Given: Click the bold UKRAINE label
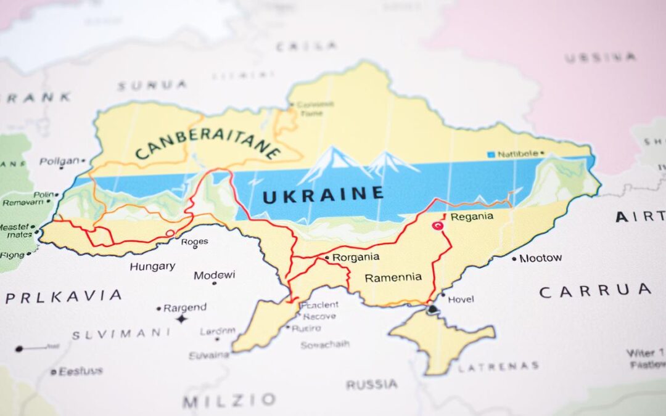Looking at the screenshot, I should pos(323,194).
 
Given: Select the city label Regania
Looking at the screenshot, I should pos(472,216).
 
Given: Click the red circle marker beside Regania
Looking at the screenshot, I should pos(439,226).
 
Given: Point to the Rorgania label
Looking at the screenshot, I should pos(355,257).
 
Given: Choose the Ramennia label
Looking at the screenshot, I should pos(393,277).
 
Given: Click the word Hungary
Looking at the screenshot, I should pos(152,267).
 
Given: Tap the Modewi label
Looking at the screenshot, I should pos(214,275).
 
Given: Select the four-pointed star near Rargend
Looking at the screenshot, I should pos(181,319).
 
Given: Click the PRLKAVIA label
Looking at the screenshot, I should pos(64,296).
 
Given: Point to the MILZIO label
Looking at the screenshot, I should pos(229,401).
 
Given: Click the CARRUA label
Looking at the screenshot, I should pos(594,291).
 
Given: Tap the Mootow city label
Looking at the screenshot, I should pos(540,258).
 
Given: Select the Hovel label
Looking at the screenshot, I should pos(461,300).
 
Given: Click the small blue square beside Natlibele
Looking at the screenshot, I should pos(491,154).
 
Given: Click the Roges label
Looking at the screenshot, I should pos(194,242).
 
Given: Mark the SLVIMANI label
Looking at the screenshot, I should pos(121,334).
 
